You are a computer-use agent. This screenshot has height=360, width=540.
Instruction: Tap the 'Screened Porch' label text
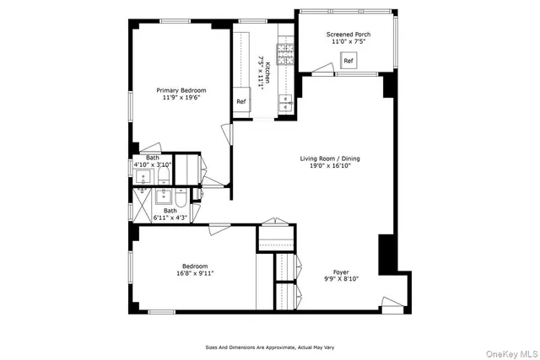tap(348, 35)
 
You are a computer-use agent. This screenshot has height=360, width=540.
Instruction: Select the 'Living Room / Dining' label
tap(331, 159)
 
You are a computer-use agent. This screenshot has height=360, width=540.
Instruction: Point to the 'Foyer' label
tap(341, 272)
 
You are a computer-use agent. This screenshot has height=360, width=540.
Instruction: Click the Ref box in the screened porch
tap(348, 61)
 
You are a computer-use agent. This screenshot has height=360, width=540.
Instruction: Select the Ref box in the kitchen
tap(241, 102)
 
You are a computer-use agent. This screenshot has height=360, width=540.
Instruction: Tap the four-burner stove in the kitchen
tap(286, 55)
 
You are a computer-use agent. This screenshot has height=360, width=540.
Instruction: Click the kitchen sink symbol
tap(286, 104)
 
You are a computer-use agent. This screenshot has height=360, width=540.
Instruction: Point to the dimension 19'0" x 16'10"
tap(331, 166)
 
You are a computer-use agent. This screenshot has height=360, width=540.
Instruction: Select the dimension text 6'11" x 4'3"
tap(171, 218)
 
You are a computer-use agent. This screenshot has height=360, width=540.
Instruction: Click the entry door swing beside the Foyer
tap(390, 304)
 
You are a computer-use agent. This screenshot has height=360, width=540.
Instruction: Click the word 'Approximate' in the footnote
tap(278, 347)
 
